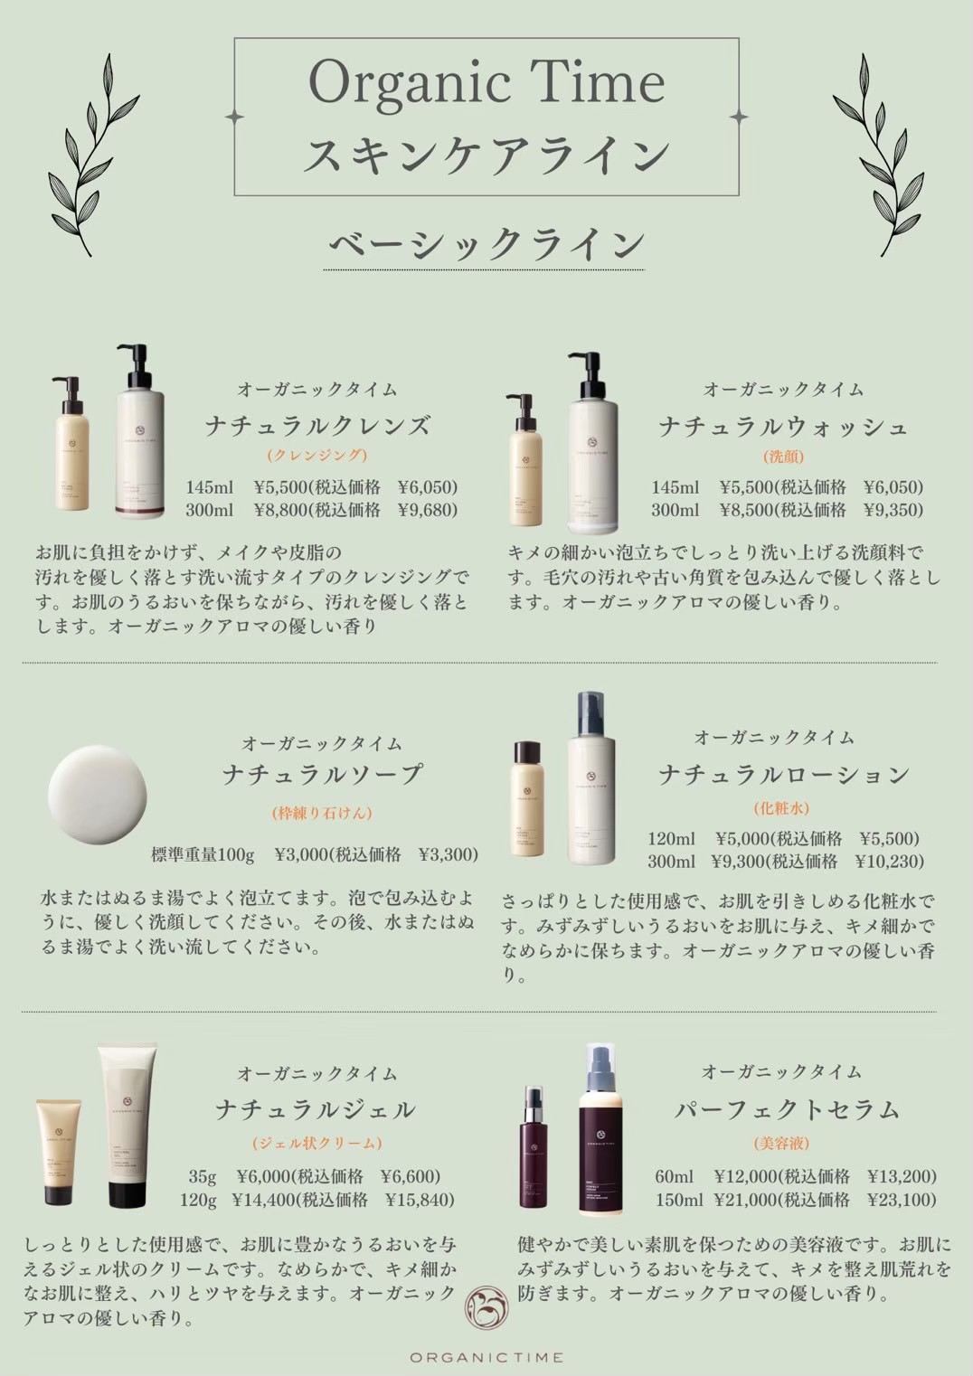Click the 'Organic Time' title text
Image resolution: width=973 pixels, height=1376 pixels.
click(x=486, y=83)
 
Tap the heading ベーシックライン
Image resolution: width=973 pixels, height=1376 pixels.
click(x=486, y=245)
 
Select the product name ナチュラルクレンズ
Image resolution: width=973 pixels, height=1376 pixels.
click(x=317, y=425)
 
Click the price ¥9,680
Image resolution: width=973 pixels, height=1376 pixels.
click(x=428, y=510)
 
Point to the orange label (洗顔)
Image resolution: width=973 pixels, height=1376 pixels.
click(x=783, y=457)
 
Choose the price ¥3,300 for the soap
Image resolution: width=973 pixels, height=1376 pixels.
click(x=448, y=854)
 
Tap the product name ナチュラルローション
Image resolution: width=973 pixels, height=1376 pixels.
click(x=783, y=774)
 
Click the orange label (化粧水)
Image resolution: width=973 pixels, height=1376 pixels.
click(x=781, y=807)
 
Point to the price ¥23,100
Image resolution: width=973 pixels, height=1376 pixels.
click(x=902, y=1200)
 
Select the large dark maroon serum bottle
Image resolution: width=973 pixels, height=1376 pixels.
click(x=600, y=1128)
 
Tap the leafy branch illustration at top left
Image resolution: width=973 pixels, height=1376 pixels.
click(x=94, y=155)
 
